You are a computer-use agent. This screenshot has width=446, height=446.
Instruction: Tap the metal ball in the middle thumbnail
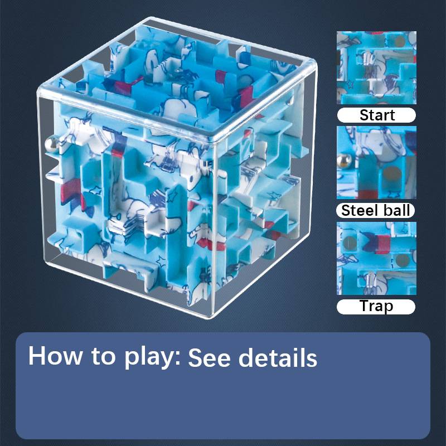343,162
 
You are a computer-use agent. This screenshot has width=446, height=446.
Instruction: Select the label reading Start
377,115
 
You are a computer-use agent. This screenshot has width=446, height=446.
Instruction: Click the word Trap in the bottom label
376,306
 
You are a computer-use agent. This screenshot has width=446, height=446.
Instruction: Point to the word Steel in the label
360,211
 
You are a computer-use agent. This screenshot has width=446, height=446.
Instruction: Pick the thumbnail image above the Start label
376,67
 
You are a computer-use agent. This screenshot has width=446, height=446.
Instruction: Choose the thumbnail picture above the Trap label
376,258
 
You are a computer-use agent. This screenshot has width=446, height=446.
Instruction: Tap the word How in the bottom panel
53,355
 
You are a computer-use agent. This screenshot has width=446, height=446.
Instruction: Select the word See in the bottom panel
209,357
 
